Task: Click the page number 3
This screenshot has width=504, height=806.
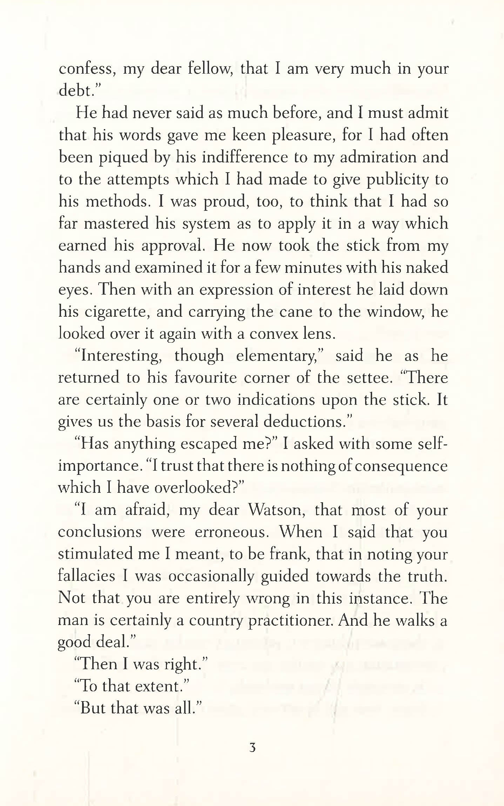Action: click(x=252, y=748)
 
